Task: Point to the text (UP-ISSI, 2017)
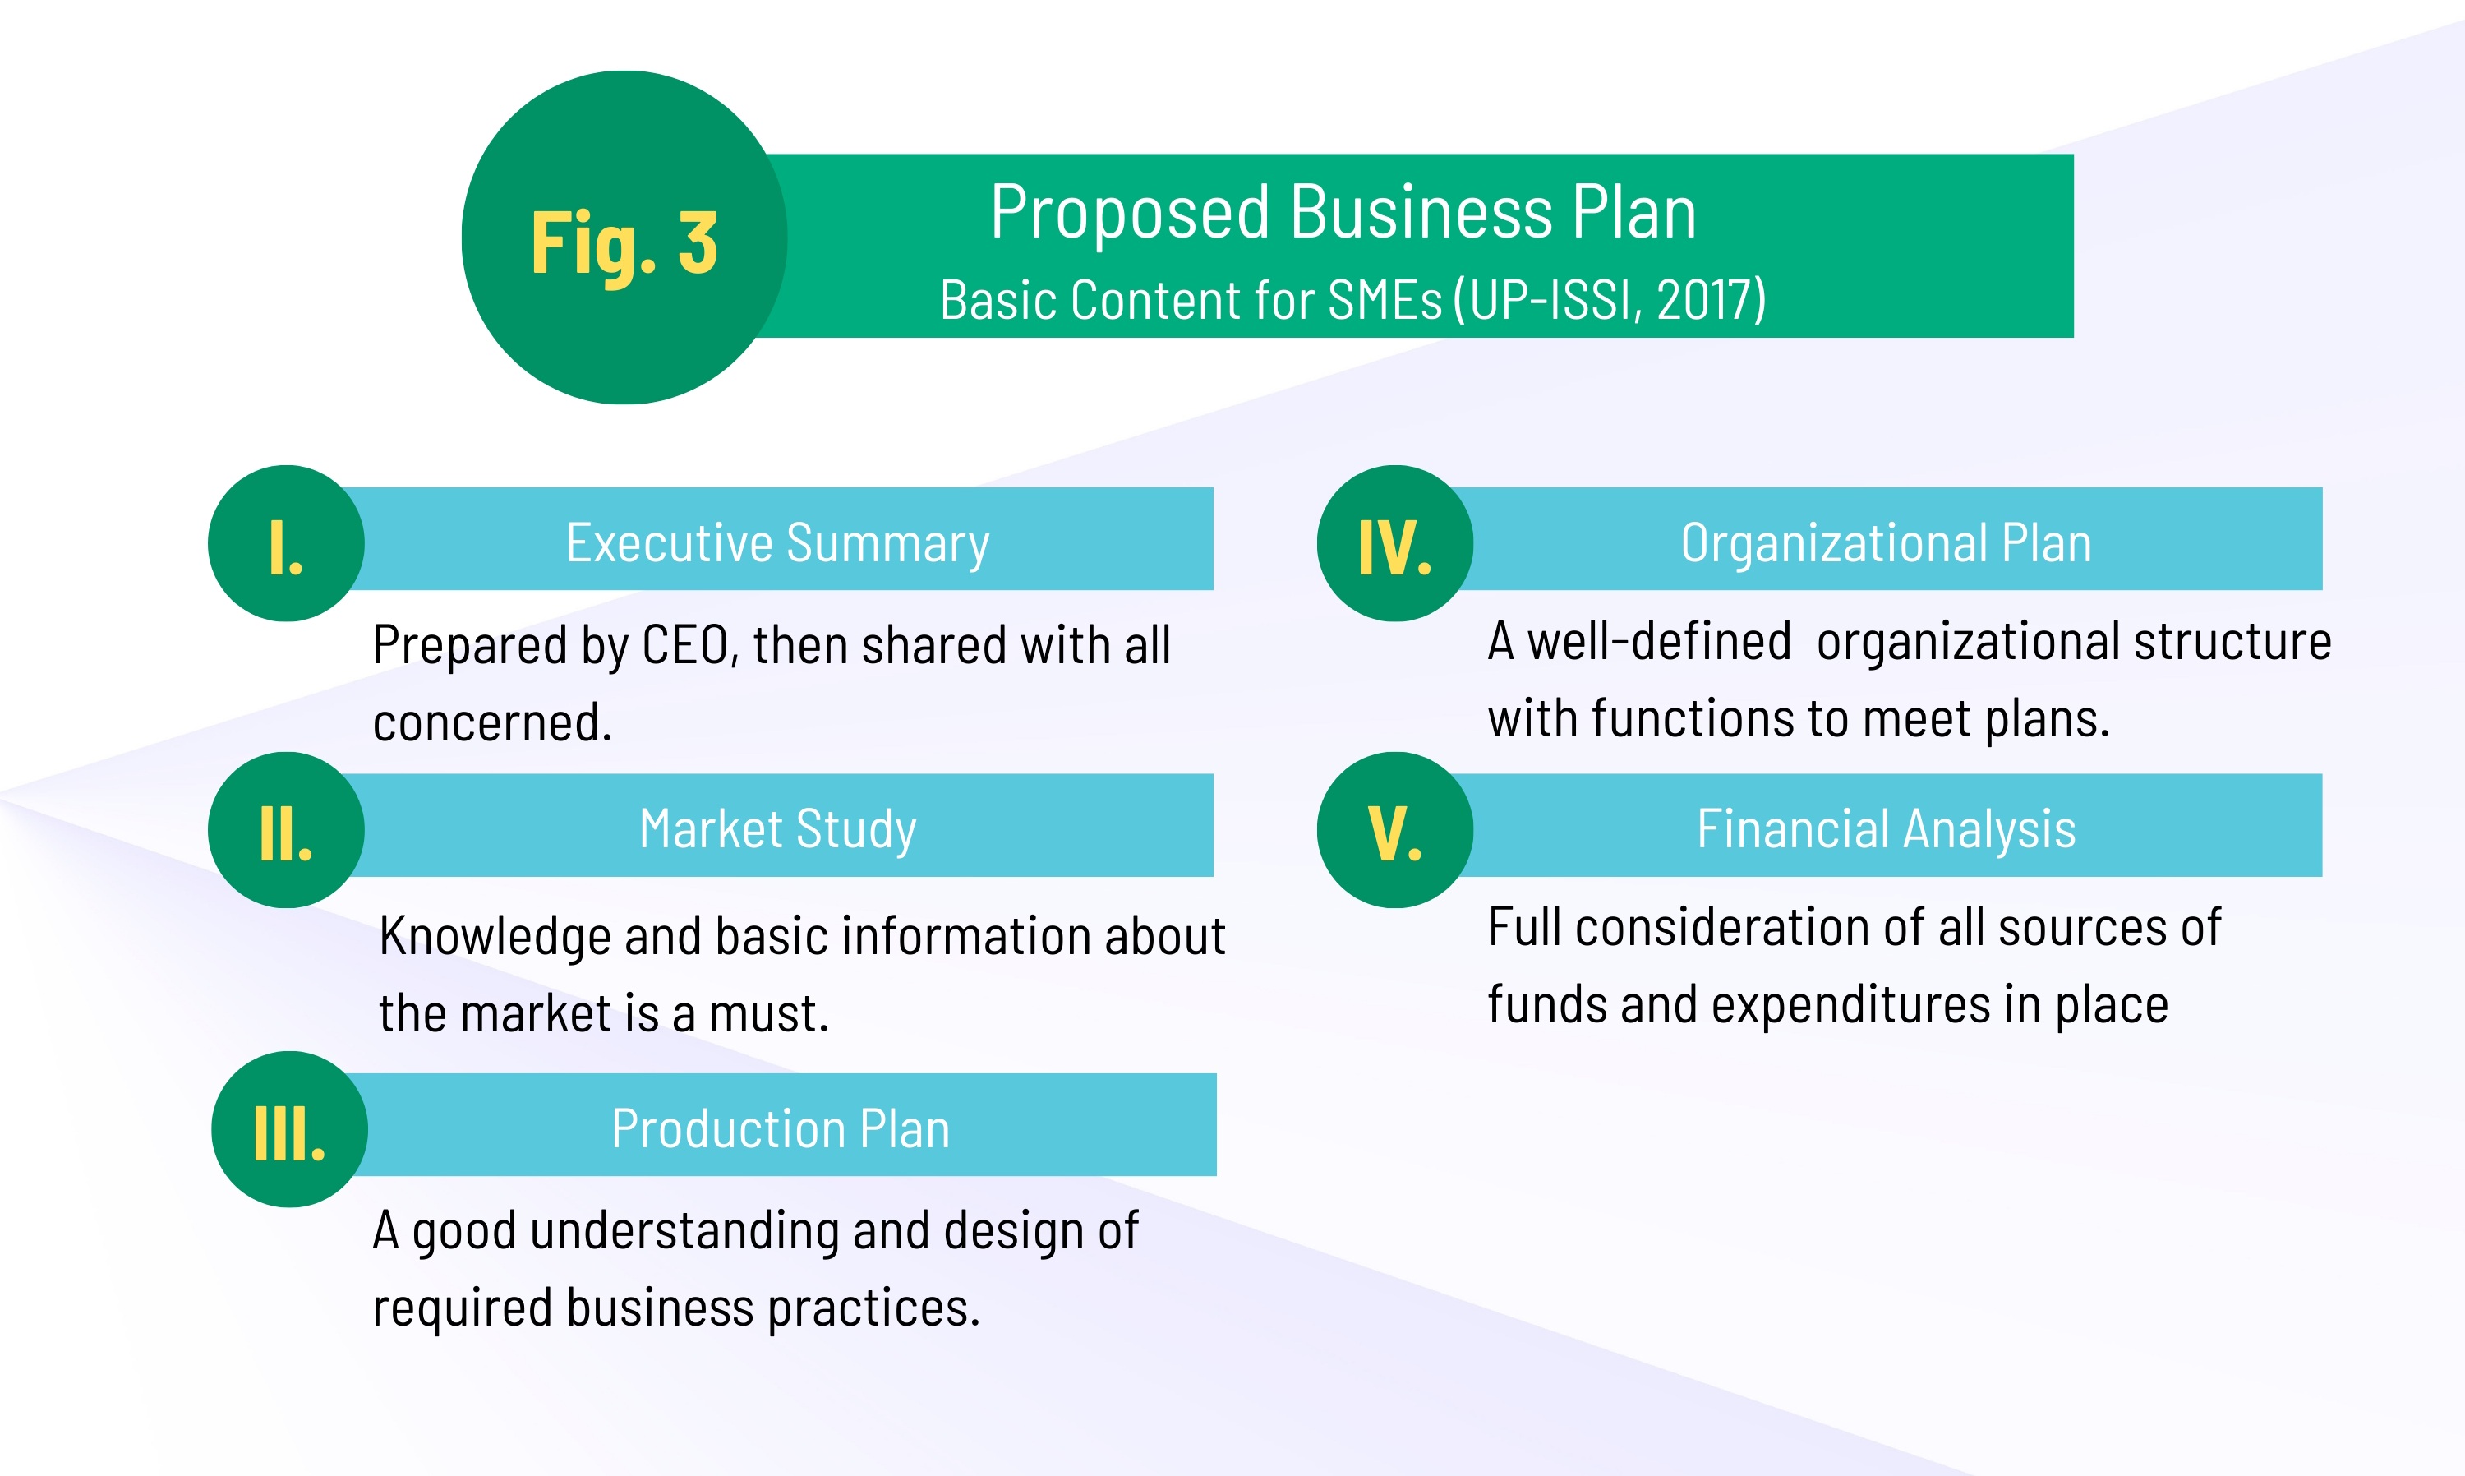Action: (1610, 299)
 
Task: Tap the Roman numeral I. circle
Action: (287, 543)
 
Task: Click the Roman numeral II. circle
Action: (287, 829)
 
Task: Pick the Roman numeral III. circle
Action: (289, 1129)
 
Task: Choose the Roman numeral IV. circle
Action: (1395, 543)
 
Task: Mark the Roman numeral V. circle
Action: (1395, 829)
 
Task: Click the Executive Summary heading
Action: (777, 543)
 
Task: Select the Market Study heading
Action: (777, 829)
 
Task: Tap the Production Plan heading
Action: (781, 1129)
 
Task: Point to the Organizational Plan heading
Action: (1887, 543)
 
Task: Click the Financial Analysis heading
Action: (1887, 829)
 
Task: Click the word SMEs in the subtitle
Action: (1385, 299)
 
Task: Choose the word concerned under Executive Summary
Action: (492, 723)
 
